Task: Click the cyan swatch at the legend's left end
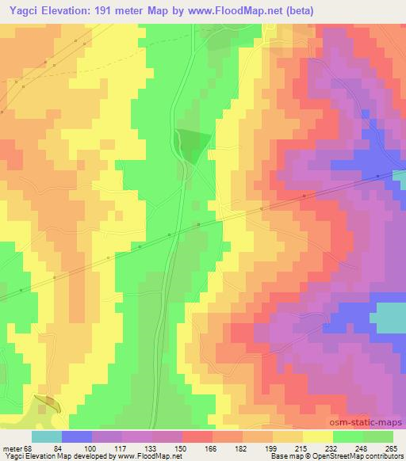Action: coord(47,436)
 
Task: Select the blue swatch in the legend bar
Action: coord(77,436)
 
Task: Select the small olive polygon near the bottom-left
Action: coord(48,402)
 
